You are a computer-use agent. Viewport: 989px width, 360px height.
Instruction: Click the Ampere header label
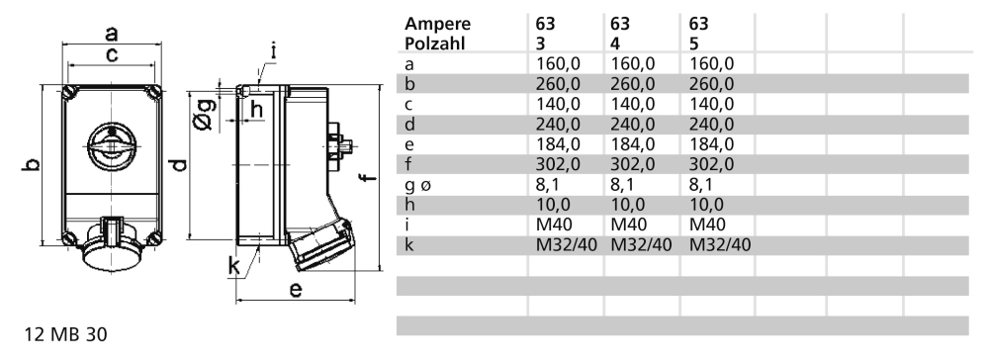438,24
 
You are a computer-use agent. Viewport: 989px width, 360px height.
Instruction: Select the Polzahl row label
434,44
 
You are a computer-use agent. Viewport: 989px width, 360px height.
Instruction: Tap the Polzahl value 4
615,44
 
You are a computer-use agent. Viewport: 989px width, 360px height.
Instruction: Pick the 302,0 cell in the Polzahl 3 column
558,164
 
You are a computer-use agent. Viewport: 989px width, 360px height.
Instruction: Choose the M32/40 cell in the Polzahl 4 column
641,244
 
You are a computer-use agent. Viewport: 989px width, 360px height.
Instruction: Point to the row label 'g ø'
418,186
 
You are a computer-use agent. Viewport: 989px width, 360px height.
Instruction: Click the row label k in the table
409,244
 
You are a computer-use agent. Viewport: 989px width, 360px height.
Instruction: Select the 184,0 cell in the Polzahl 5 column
711,144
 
